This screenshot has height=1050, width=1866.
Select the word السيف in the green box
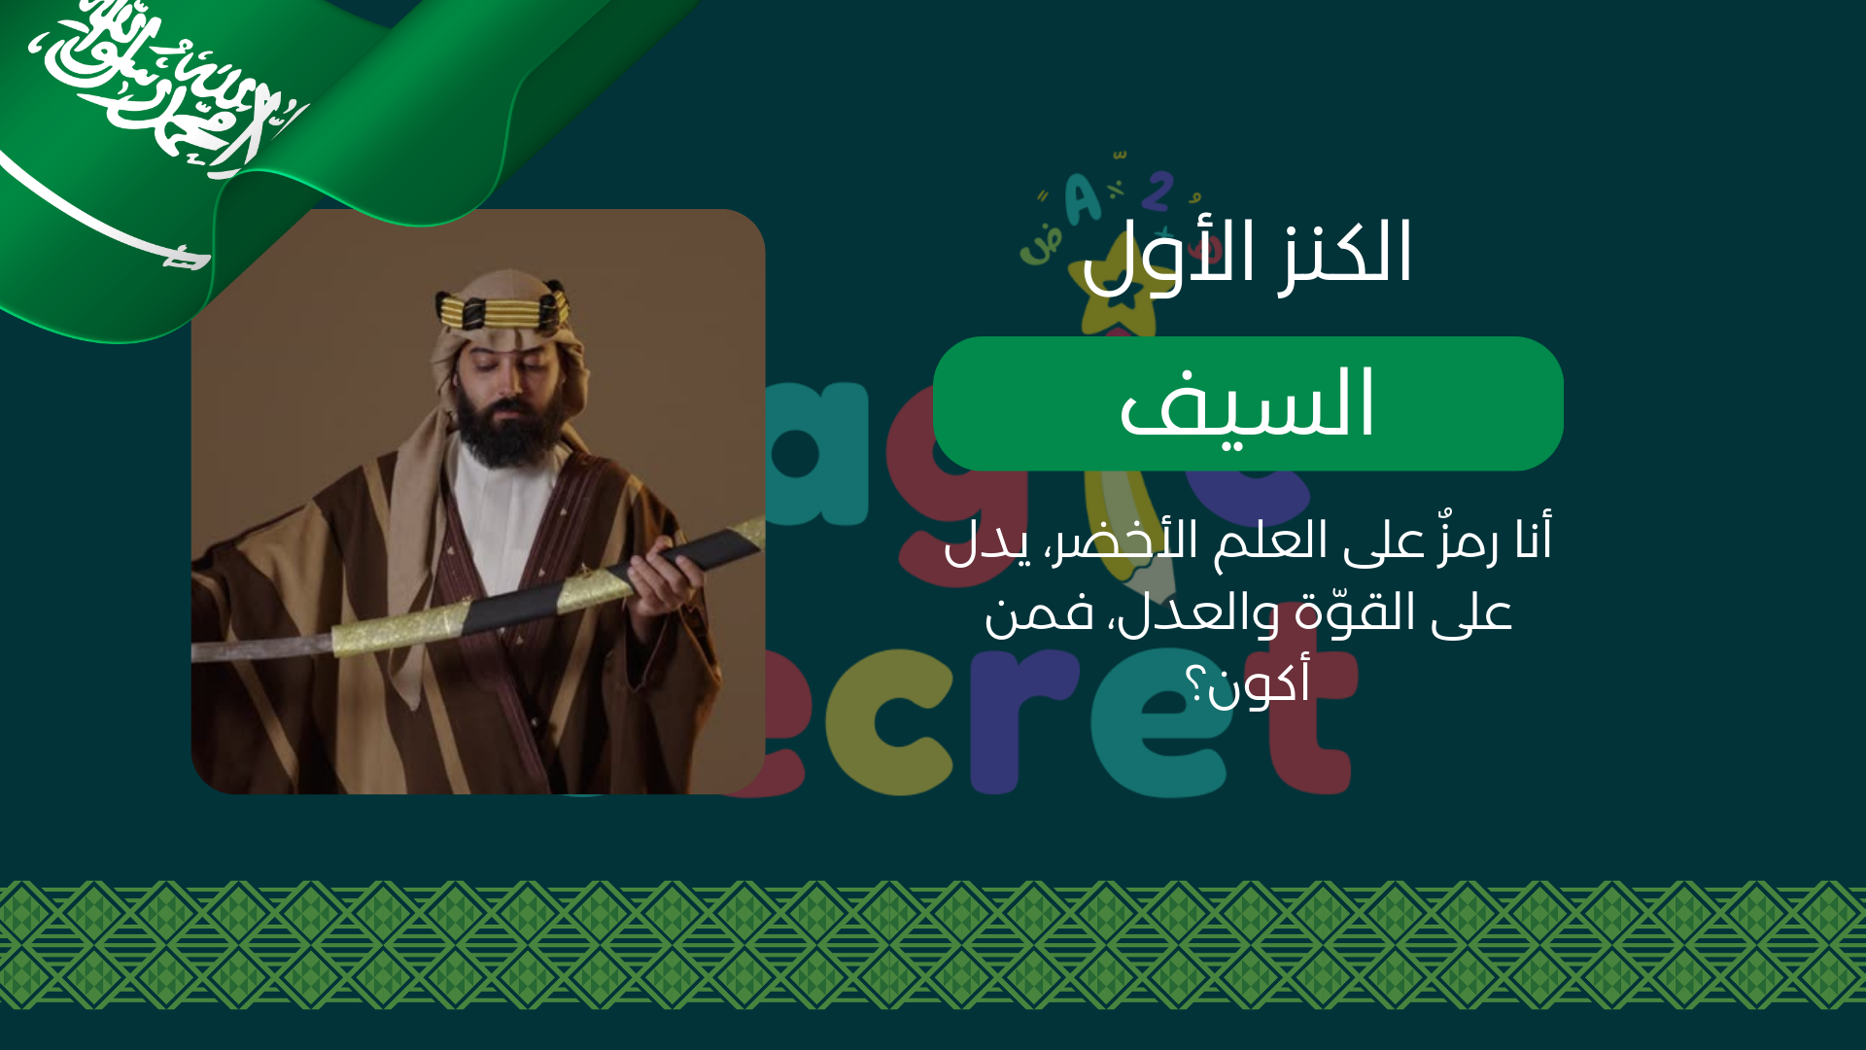[x=1248, y=404]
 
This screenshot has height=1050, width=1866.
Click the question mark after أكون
[x=1195, y=685]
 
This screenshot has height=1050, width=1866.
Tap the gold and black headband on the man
[x=502, y=309]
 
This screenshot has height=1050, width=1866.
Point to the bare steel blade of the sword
[x=262, y=647]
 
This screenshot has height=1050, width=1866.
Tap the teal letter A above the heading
[x=1082, y=198]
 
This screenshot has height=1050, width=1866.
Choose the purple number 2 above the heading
[x=1157, y=192]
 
